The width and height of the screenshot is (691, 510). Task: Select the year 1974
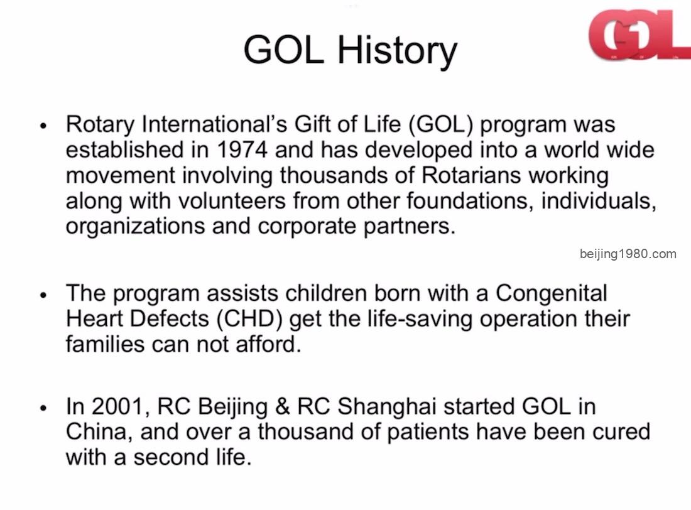coord(242,149)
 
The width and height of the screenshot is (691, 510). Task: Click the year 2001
coord(118,406)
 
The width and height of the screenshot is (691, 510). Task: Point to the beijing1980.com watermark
coord(628,254)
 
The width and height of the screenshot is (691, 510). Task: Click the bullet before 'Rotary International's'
coord(43,126)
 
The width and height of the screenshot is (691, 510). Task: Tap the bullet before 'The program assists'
coord(43,295)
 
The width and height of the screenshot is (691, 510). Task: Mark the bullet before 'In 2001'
coord(43,408)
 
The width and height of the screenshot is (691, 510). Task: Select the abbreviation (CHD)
coord(249,319)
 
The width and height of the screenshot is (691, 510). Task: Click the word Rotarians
coord(471,175)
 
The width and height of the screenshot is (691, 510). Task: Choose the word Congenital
coord(551,293)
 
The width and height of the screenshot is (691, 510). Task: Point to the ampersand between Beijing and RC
coord(282,406)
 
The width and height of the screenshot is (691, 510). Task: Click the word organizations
coord(135,227)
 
